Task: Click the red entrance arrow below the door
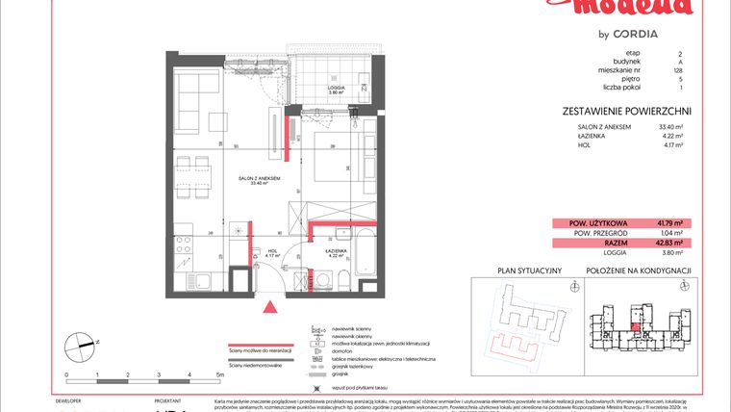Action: pos(271,307)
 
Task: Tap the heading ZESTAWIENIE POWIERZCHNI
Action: pos(626,112)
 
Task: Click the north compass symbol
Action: pos(79,343)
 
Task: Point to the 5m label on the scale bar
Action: pos(220,374)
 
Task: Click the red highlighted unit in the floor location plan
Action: pos(636,326)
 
